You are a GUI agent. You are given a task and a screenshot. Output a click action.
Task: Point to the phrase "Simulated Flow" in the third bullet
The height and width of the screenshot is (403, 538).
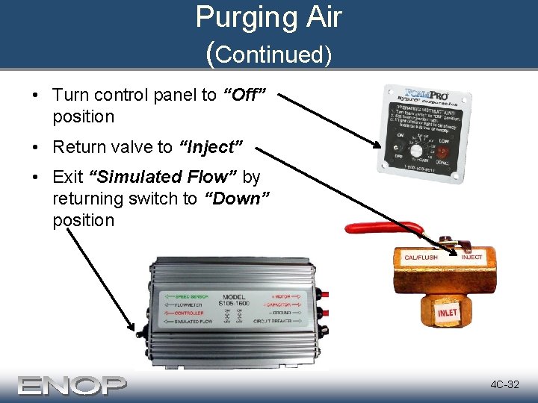pos(163,177)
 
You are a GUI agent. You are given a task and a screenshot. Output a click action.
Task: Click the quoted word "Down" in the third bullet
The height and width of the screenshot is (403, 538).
pos(237,199)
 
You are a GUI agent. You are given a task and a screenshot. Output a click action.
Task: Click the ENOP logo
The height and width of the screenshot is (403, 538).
pos(72,385)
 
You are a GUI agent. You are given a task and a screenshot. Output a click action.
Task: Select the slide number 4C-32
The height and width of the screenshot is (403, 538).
pos(504,385)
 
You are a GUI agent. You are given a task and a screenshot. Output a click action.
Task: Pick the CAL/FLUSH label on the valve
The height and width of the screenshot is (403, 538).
pos(421,257)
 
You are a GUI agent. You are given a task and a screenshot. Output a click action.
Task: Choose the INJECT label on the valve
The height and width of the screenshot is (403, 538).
pos(471,257)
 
